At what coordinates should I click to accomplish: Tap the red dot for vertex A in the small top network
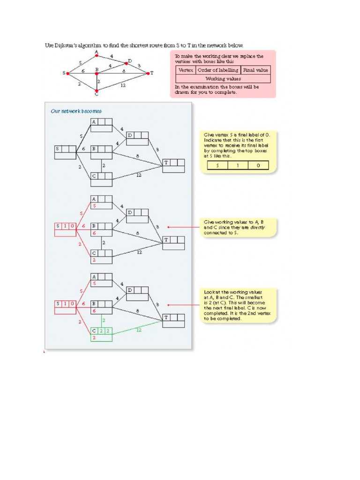coord(97,56)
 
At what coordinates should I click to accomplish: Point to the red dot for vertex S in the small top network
coord(68,74)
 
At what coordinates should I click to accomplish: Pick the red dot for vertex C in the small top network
coord(97,91)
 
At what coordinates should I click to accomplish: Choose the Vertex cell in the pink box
coord(186,70)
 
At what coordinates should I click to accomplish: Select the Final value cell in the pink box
coord(256,70)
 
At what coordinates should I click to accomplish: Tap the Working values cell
coord(223,79)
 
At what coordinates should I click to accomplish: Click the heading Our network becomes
coord(76,111)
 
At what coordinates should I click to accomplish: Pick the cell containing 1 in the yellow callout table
coord(239,165)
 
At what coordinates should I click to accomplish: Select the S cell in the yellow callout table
coord(217,165)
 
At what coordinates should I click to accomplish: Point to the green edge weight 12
coord(139,330)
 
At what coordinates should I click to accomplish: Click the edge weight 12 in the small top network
coord(123,85)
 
